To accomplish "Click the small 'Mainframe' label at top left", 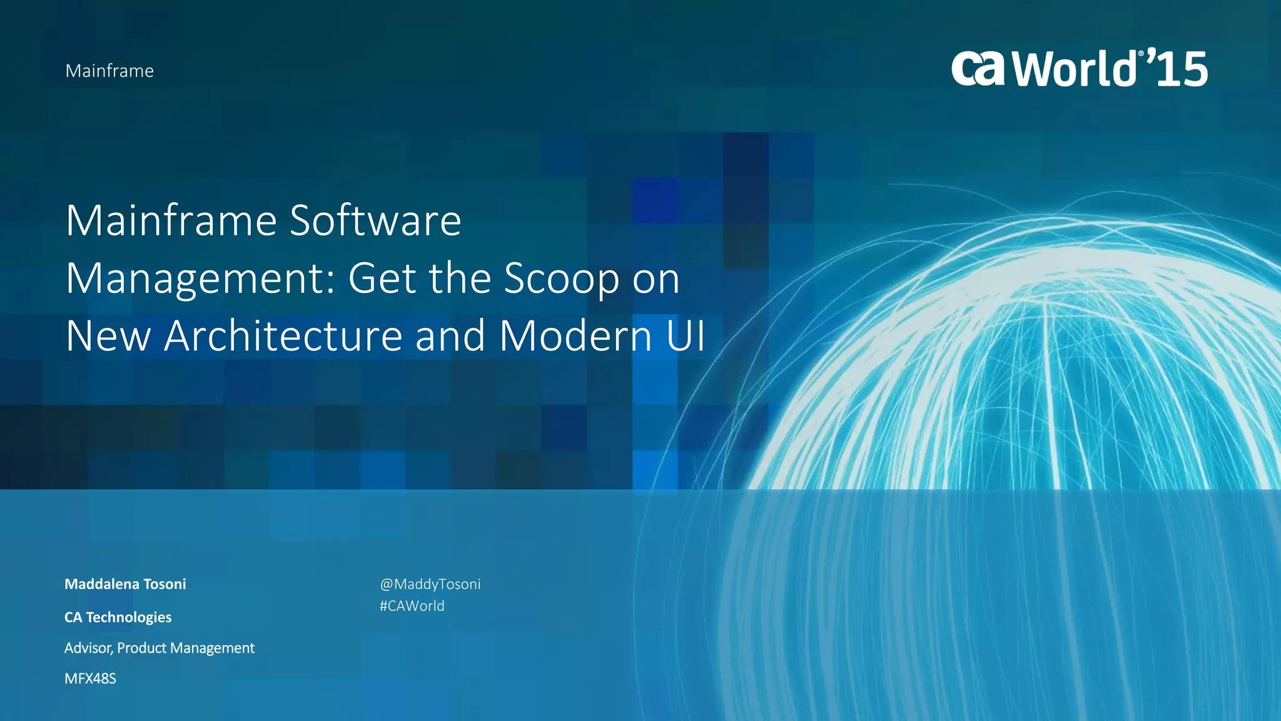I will coord(109,71).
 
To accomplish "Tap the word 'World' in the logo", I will coord(1074,69).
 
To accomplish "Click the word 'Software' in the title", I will coord(375,220).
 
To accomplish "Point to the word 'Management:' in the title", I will coord(201,279).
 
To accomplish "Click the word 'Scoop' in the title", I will coord(561,279).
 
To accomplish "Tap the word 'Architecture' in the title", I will coord(283,336).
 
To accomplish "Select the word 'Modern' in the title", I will coord(575,336).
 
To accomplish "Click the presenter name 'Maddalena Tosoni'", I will coord(125,584).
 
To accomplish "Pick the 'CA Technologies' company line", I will coord(118,617).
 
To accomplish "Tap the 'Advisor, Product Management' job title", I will coord(159,648).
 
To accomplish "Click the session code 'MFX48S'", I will coord(90,678).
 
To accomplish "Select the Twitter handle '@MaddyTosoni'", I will coord(430,584).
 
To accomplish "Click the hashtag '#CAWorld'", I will coord(412,606).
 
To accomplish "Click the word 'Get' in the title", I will coord(382,279).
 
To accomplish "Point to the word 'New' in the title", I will coord(108,336).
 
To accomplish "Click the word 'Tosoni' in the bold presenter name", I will coord(165,584).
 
